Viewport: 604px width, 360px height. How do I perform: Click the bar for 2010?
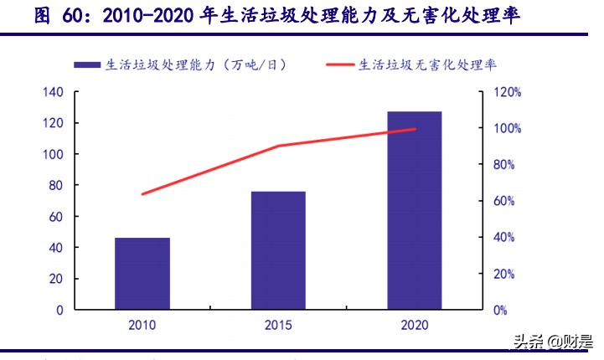coord(142,274)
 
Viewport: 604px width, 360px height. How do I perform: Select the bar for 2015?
coord(278,250)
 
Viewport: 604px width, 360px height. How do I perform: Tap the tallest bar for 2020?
coord(415,210)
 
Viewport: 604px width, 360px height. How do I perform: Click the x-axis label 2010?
coord(142,325)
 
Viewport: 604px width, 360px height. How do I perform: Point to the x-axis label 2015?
coord(278,325)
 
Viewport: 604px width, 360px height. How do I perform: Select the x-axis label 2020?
coord(415,325)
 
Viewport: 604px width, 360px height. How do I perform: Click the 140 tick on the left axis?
coord(53,92)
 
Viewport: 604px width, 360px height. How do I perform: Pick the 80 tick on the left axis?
coord(56,185)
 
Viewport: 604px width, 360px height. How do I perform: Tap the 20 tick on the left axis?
coord(56,279)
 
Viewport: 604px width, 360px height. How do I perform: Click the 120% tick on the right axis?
coord(507,92)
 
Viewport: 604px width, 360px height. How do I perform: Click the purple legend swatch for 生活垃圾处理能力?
coord(86,64)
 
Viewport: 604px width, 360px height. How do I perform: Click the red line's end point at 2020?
coord(415,129)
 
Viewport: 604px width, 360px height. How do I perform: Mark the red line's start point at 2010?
coord(142,194)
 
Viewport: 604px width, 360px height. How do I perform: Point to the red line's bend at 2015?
coord(278,146)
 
